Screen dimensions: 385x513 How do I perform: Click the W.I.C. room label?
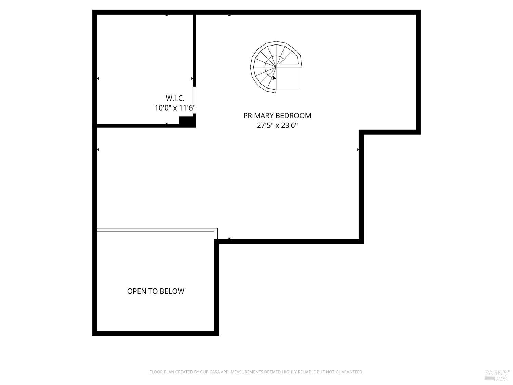click(x=175, y=98)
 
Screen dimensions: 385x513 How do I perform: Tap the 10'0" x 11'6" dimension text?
click(x=175, y=108)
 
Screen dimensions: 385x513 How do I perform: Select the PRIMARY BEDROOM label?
click(x=277, y=116)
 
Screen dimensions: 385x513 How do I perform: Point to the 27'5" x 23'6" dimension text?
click(x=277, y=126)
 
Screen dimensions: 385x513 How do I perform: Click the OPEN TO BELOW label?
click(x=156, y=291)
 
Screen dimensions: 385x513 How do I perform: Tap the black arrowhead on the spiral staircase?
click(x=274, y=78)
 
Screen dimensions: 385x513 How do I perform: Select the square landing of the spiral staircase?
click(x=288, y=78)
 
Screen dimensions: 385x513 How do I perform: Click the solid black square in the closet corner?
click(x=186, y=121)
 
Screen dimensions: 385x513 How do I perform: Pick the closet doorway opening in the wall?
click(x=194, y=100)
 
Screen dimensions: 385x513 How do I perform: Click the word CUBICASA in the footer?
click(x=210, y=372)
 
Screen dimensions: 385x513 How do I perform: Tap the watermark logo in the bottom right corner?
click(x=497, y=374)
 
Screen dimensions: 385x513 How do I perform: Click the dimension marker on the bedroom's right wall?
click(x=358, y=150)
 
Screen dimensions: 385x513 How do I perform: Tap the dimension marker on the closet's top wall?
click(x=167, y=15)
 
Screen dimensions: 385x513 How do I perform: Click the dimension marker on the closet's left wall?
click(x=98, y=79)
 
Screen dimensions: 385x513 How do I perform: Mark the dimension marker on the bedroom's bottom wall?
click(x=229, y=238)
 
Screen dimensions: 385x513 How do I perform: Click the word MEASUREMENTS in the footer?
click(x=247, y=372)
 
